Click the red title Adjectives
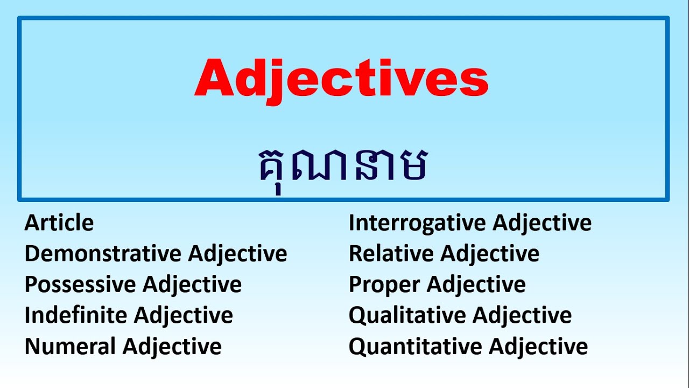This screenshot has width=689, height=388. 341,79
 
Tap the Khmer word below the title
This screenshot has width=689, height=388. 343,164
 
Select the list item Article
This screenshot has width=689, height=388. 59,223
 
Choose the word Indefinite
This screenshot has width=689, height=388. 74,315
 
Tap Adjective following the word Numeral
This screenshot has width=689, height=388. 172,346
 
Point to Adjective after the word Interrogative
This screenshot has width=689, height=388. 542,223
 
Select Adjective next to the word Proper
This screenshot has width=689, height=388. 476,285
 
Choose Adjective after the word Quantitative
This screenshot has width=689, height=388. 538,346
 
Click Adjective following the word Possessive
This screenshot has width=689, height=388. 192,285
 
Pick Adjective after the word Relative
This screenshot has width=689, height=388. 490,253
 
